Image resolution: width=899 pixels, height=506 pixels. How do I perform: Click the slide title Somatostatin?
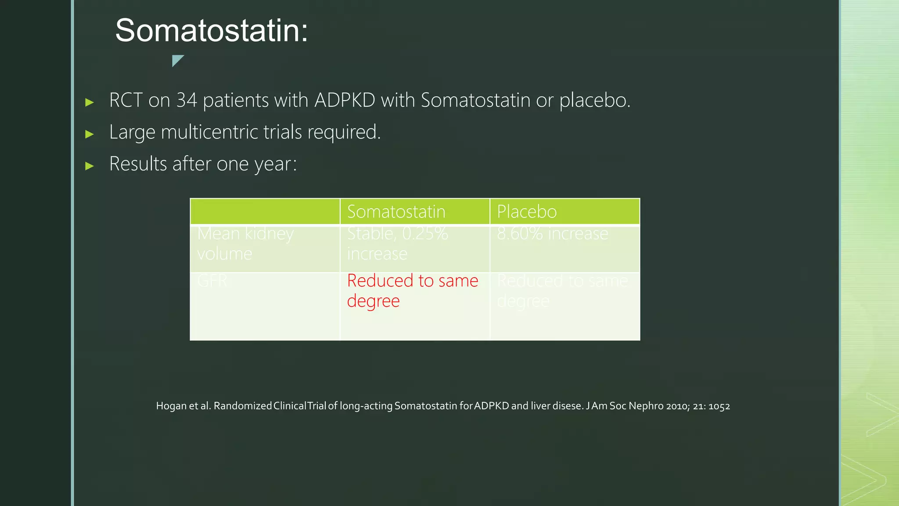[212, 31]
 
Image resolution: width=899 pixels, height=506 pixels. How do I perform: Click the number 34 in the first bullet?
[187, 100]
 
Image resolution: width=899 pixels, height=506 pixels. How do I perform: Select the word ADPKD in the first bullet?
[345, 100]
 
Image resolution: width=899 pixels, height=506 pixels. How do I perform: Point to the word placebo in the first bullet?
[594, 100]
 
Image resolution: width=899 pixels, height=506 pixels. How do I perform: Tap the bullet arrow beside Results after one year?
[90, 166]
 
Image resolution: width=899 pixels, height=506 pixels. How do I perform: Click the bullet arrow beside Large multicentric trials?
[90, 134]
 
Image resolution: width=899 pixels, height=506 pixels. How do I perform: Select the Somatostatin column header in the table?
[396, 212]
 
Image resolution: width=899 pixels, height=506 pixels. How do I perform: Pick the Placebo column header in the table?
[527, 212]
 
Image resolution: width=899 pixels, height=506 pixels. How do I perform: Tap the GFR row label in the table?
[212, 281]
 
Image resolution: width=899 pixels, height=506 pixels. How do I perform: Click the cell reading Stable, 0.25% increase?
[397, 243]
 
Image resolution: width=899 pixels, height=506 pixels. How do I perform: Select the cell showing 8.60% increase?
[552, 234]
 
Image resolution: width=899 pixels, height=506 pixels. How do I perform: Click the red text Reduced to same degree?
[412, 290]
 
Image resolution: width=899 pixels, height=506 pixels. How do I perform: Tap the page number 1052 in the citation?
[719, 406]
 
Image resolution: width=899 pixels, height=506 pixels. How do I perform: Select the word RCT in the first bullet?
[126, 100]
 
